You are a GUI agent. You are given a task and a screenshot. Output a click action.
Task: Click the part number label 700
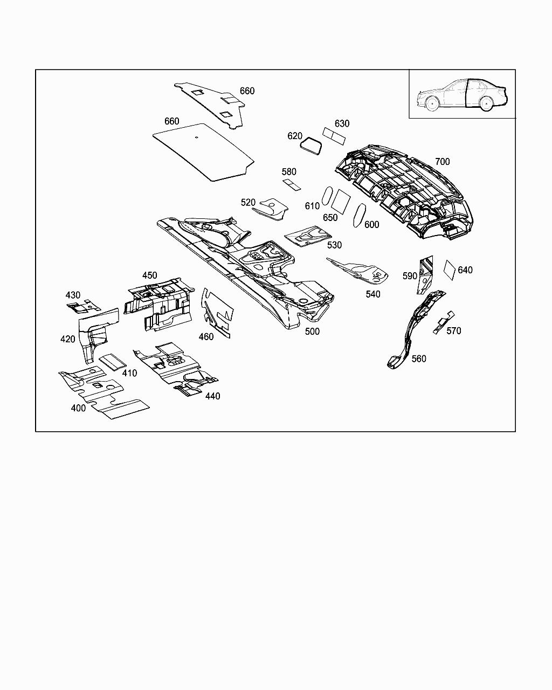[x=442, y=162]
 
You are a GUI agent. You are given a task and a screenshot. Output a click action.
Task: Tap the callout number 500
[x=312, y=332]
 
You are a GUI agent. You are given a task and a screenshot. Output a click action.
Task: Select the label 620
[x=295, y=136]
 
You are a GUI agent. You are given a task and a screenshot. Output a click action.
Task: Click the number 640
[x=465, y=270]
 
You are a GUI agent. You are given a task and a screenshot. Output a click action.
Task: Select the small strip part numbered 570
[x=443, y=322]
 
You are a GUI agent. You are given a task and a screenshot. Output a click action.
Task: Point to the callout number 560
[x=419, y=358]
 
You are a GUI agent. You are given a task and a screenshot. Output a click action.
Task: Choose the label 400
[x=78, y=408]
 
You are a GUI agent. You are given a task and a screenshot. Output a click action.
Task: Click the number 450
[x=149, y=275]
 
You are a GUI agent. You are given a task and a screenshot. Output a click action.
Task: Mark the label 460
[x=206, y=337]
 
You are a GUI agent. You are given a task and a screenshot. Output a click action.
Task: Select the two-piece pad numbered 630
[x=334, y=135]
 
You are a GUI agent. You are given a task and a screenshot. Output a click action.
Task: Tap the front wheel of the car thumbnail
[x=432, y=105]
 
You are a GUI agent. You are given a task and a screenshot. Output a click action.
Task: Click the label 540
[x=372, y=294]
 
